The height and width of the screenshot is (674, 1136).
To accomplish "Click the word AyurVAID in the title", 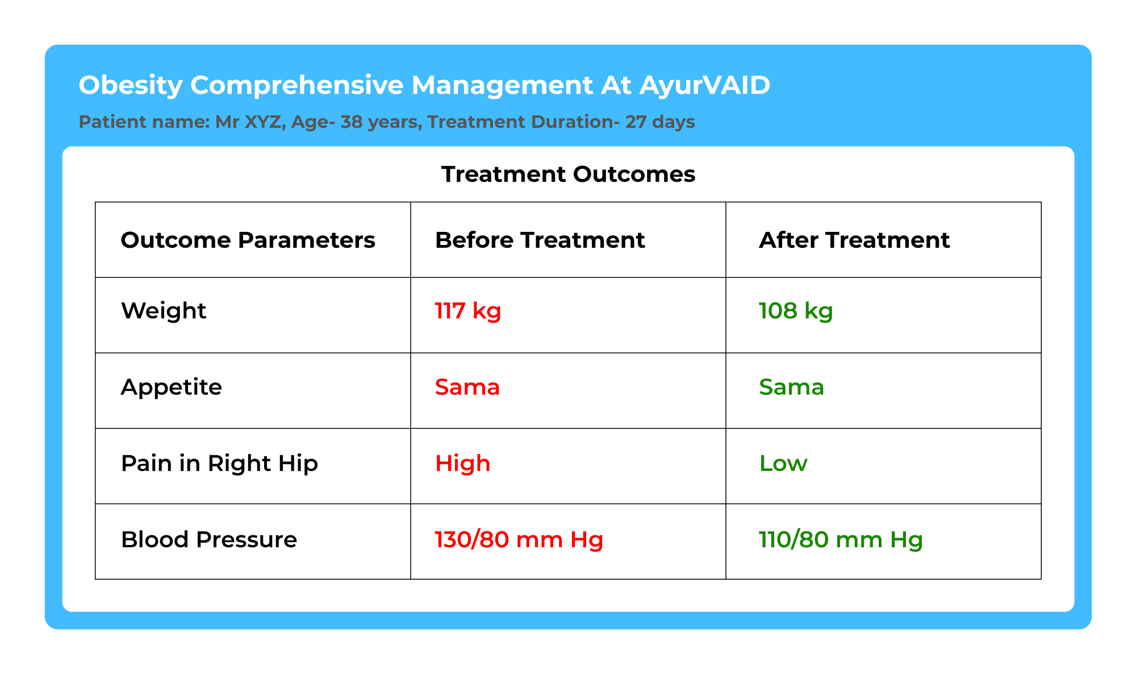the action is (x=705, y=85).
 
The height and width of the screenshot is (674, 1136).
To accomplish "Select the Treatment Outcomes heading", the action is (x=568, y=174).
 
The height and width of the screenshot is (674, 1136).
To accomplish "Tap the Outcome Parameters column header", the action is (x=248, y=240).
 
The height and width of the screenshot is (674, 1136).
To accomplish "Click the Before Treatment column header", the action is (x=540, y=240).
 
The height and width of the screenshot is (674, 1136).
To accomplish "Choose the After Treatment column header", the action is (x=854, y=240).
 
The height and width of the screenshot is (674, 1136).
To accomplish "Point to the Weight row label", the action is (x=164, y=311).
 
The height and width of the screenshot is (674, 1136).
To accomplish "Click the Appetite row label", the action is (x=172, y=388).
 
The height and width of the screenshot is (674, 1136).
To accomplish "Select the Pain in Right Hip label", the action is (x=219, y=464).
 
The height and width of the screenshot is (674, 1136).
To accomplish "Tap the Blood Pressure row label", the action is (x=209, y=539).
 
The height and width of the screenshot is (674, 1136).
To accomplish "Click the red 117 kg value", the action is (x=468, y=311).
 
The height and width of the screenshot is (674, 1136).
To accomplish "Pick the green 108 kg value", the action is (x=796, y=311).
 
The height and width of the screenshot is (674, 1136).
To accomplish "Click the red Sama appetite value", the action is (x=467, y=388).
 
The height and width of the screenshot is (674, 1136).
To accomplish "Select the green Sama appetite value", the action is (x=792, y=388).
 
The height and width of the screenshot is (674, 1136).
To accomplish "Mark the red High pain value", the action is (x=462, y=464).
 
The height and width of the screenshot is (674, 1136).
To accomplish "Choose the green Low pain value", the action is (x=783, y=464).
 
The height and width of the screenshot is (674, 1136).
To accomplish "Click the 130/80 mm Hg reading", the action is (x=519, y=540).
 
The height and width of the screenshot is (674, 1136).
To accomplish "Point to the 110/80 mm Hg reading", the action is (x=841, y=540).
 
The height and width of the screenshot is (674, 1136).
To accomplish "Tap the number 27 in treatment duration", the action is (x=636, y=122).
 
